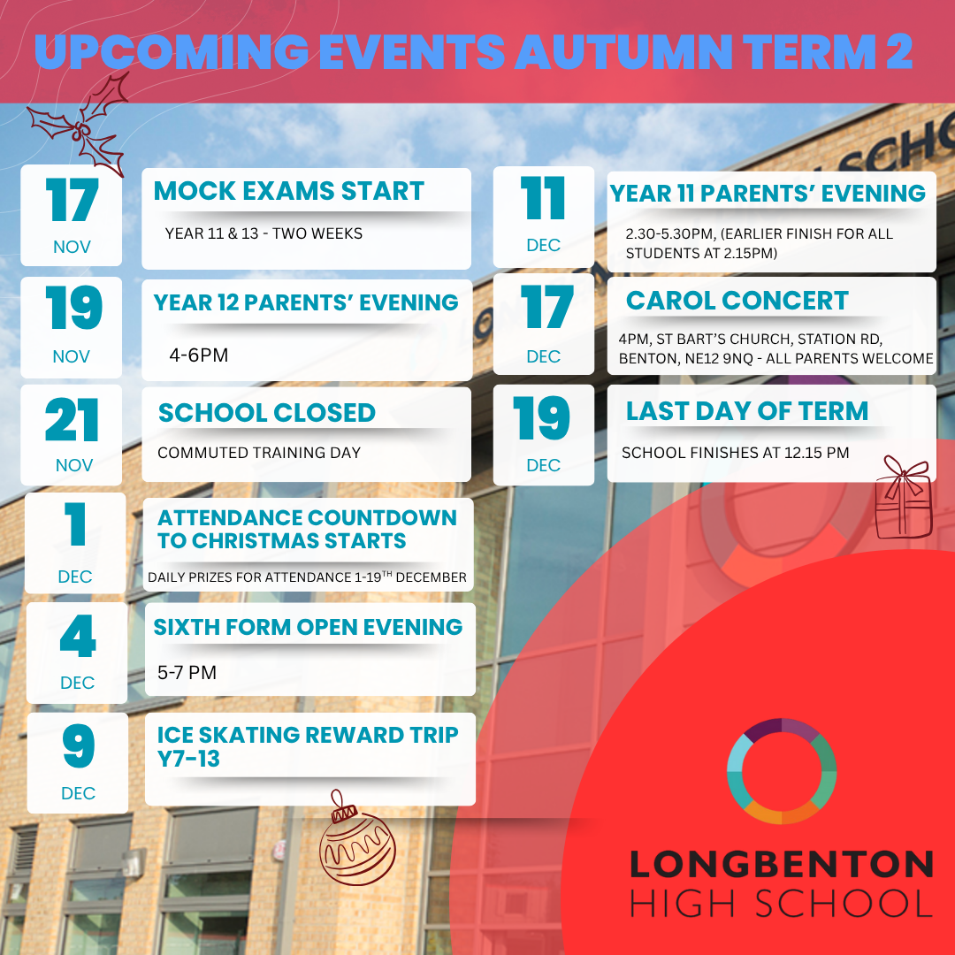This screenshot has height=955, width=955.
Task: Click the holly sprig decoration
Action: coord(80,124)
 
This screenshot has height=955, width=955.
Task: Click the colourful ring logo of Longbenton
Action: coord(782,771)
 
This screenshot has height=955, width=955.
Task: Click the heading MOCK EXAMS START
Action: coord(289,192)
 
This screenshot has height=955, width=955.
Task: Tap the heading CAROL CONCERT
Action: coord(737,301)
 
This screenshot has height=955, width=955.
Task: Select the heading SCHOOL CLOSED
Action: coord(266,413)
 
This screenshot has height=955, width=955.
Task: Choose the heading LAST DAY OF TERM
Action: coord(747,411)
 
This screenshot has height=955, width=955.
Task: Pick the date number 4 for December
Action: coord(77,638)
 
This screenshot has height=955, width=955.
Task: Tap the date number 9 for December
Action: coord(78,748)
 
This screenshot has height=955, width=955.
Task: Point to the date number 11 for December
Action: coord(542,199)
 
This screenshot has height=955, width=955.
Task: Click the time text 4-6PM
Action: coord(198,355)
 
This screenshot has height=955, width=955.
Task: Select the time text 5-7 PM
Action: coord(187,673)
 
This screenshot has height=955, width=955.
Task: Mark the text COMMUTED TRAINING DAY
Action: coord(259,453)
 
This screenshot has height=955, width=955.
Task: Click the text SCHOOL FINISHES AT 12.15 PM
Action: coord(735,453)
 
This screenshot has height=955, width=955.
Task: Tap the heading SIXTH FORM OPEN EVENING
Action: coord(308,627)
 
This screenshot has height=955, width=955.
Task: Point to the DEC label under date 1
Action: coord(75,577)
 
